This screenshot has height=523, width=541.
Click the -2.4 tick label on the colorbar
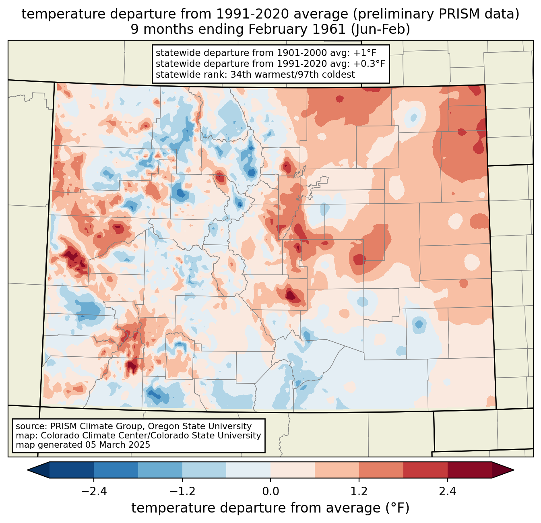[94, 492]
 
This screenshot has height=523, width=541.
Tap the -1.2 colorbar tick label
[182, 492]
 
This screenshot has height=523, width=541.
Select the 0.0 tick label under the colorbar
[270, 492]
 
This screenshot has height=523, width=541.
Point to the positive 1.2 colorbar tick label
[359, 492]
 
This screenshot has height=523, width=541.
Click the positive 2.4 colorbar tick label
[447, 492]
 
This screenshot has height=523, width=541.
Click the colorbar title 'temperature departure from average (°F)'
[270, 508]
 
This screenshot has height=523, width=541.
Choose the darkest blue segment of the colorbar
[72, 470]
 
